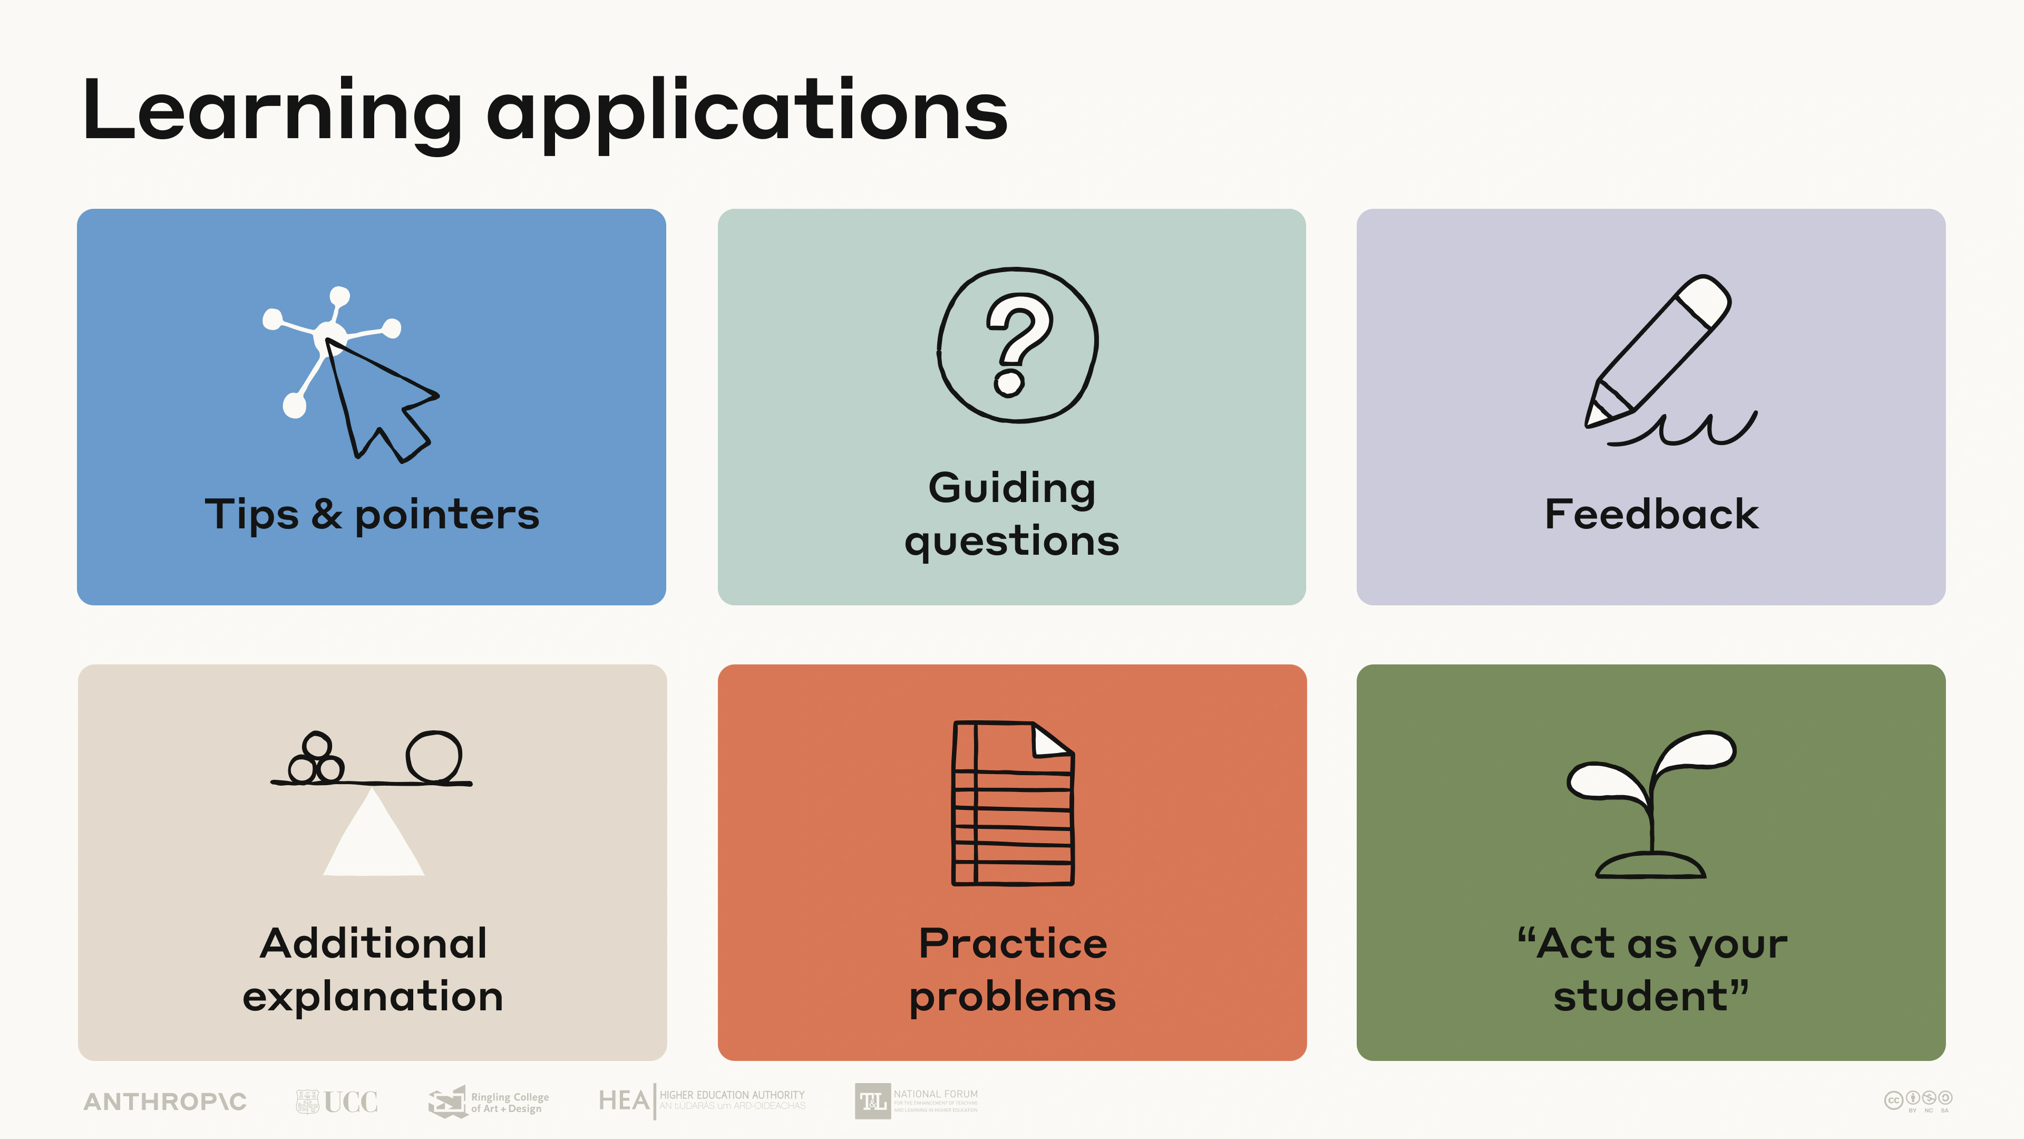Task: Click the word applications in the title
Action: tap(746, 112)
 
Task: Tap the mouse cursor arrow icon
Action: tap(381, 401)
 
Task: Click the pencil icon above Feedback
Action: tap(1658, 354)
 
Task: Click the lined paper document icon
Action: tap(1013, 803)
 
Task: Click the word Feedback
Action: tap(1651, 514)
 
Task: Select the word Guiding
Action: tap(1012, 489)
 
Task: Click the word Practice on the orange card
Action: tap(1013, 943)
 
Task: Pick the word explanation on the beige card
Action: tap(373, 997)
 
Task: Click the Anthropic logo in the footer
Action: tap(165, 1101)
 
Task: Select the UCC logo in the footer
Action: tap(337, 1101)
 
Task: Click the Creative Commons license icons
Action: tap(1918, 1099)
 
